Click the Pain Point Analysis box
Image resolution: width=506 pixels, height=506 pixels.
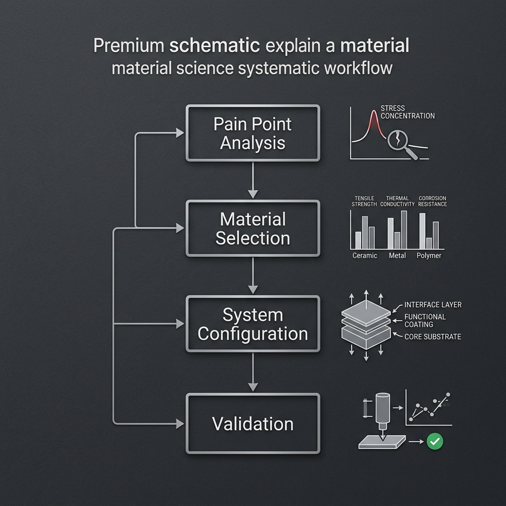(253, 133)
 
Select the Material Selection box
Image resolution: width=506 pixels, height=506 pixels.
(253, 228)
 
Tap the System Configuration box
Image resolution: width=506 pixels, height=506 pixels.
(253, 324)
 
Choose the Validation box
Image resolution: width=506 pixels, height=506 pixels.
(253, 423)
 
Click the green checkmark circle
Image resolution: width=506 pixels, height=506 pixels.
(435, 441)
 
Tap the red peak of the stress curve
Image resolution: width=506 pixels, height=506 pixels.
(374, 113)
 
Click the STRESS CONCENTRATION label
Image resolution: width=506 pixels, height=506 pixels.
(408, 112)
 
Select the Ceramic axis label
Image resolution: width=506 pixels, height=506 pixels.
(365, 255)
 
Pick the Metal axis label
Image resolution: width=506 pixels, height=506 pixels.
(397, 255)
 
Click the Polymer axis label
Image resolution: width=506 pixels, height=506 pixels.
(429, 255)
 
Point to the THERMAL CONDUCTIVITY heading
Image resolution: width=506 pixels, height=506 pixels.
(397, 201)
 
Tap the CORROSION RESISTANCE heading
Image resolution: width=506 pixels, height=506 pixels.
(432, 201)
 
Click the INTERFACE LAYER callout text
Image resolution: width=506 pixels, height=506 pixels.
(433, 304)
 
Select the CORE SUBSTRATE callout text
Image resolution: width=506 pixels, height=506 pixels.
(433, 337)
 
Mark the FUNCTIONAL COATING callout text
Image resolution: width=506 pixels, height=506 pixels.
(425, 320)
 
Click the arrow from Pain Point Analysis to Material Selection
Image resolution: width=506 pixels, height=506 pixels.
(253, 180)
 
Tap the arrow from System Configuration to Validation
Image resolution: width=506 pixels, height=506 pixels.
(253, 372)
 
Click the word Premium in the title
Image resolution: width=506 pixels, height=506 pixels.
(129, 45)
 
